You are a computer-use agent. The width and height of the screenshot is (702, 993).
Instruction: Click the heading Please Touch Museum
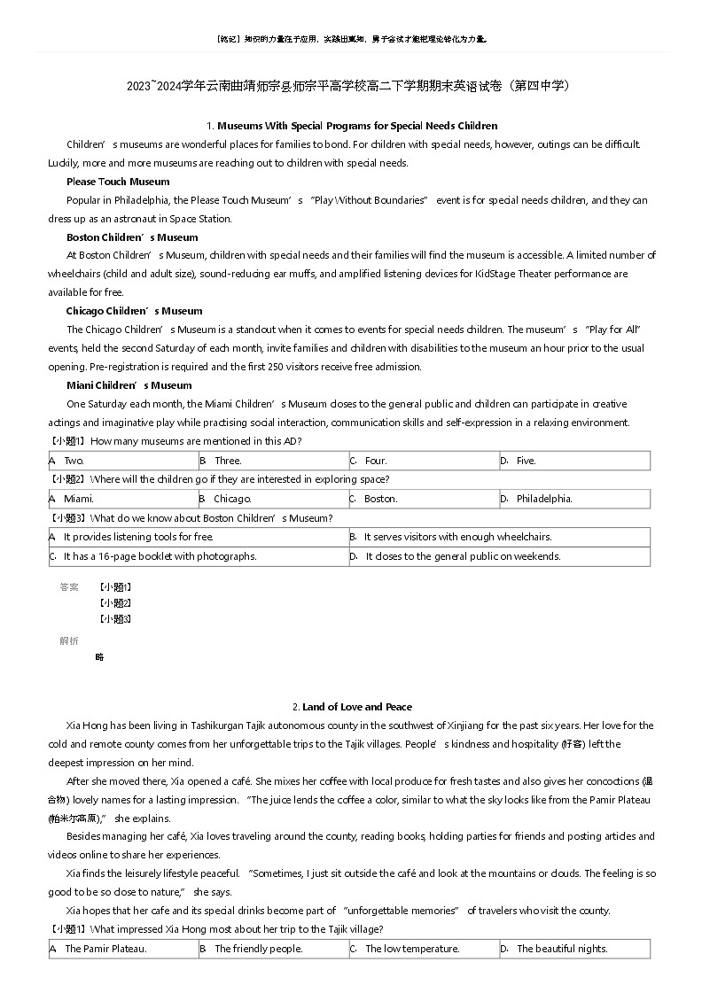point(118,182)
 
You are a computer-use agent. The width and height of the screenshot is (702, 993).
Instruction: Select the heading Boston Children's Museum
point(132,237)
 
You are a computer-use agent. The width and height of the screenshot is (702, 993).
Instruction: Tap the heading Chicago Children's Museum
point(134,311)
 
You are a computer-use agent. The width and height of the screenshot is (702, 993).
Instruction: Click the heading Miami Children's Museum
point(129,385)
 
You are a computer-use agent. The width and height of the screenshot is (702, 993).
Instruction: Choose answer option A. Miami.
point(78,499)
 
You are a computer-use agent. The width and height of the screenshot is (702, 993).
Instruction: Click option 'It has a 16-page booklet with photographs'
point(160,556)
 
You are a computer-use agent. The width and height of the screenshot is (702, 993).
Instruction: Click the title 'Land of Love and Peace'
point(356,707)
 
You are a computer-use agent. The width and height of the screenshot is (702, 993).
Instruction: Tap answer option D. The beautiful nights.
point(562,949)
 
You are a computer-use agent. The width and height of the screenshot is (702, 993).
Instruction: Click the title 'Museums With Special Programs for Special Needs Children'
point(357,126)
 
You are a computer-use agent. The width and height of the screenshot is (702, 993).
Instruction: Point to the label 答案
point(69,586)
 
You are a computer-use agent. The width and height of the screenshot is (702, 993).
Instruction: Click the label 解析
point(69,640)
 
